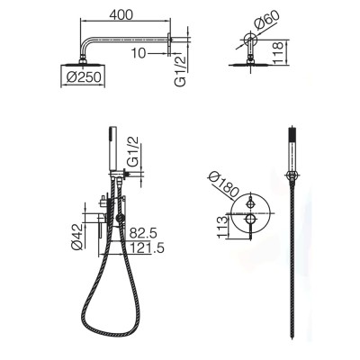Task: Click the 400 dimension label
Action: [121, 14]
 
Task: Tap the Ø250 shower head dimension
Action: [83, 77]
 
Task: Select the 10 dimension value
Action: [139, 53]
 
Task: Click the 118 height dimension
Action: [277, 53]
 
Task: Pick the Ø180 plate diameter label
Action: [224, 184]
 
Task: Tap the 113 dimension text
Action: [222, 227]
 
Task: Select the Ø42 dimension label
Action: [76, 237]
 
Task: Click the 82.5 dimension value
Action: [143, 233]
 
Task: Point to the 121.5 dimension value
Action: [147, 248]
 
